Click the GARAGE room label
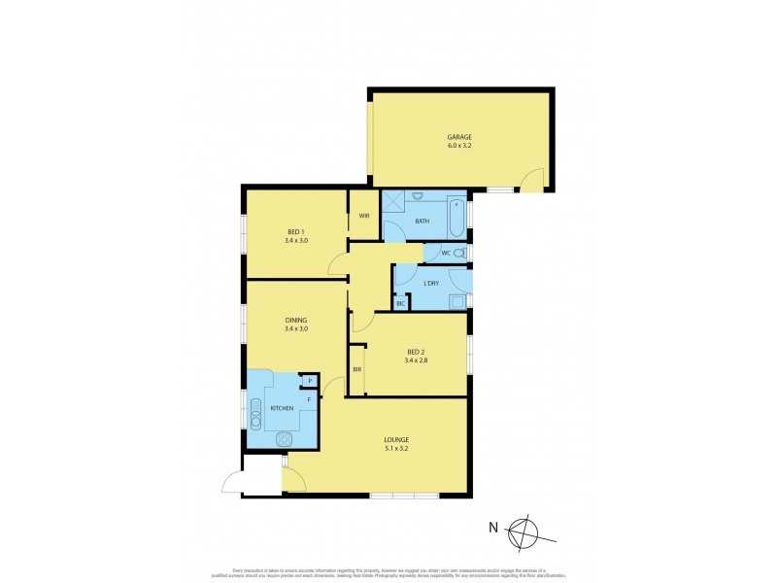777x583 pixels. (459, 137)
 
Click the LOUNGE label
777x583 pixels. (395, 440)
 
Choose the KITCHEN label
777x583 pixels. (281, 408)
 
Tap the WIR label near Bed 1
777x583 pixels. (363, 216)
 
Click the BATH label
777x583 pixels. (422, 222)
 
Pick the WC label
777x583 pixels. (446, 255)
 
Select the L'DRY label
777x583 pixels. (431, 284)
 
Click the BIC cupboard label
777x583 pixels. (400, 304)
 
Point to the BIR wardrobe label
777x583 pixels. (356, 370)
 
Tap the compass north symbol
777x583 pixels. (525, 530)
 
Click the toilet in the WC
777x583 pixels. (459, 254)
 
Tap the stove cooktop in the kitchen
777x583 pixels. (286, 438)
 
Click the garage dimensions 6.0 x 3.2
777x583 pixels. (459, 147)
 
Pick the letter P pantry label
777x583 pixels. (310, 380)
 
